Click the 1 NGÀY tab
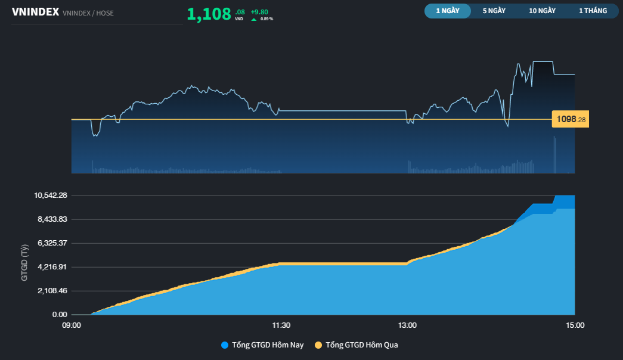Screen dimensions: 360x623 click(448, 11)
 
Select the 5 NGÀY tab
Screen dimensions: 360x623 click(494, 11)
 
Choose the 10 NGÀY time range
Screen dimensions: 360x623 click(542, 11)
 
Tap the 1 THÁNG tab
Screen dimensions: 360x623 click(593, 11)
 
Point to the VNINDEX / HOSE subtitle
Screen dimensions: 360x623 click(88, 13)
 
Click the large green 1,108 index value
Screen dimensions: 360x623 click(209, 14)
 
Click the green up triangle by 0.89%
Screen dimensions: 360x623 click(254, 19)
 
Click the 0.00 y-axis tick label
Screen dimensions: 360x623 click(59, 315)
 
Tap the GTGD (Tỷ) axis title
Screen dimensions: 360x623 click(24, 262)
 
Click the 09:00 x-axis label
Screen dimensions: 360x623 click(72, 325)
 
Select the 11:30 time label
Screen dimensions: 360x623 click(281, 325)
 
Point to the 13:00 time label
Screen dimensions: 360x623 click(407, 325)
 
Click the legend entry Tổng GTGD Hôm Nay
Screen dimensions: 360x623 click(262, 345)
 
